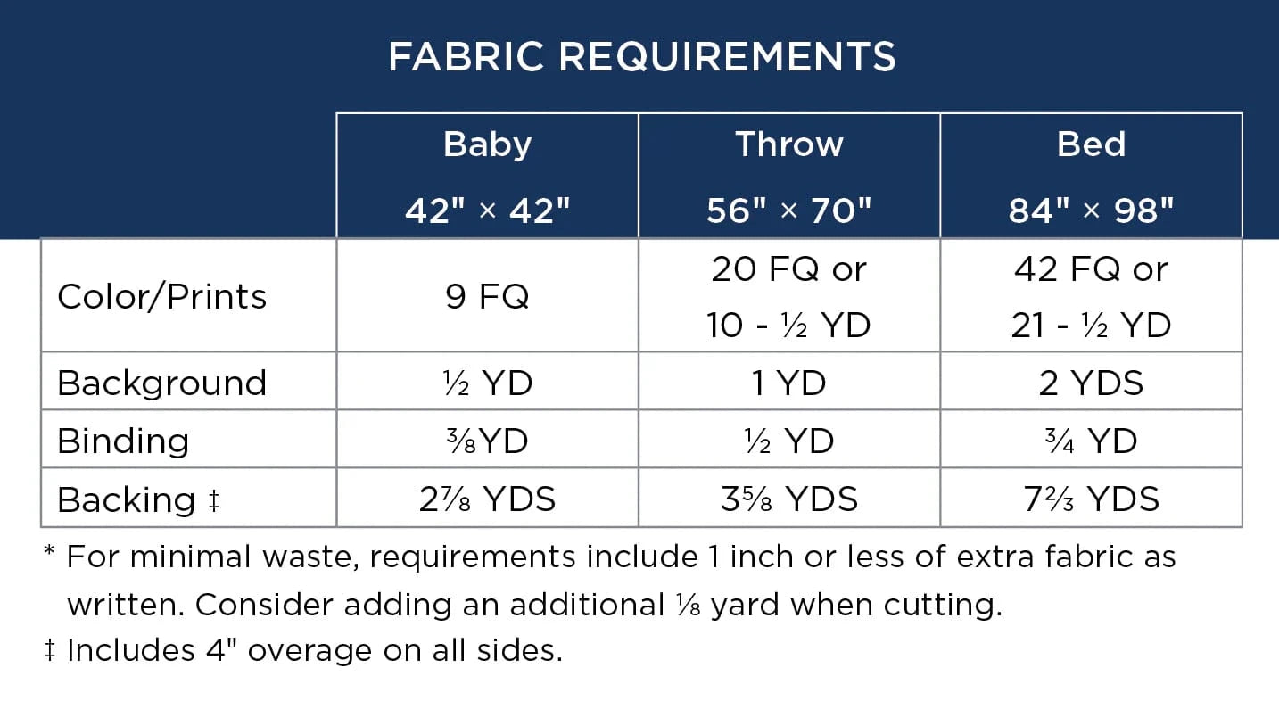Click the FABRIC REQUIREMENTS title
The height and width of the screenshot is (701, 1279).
[x=642, y=57]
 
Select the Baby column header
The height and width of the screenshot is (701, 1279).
[x=488, y=145]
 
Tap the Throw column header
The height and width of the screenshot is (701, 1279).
[x=789, y=144]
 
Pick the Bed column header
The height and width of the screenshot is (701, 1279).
[x=1091, y=144]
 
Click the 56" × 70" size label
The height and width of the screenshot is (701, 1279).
[x=789, y=210]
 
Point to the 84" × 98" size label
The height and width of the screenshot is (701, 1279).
[x=1091, y=210]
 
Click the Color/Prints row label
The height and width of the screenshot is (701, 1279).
[x=162, y=297]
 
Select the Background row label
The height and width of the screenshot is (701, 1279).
[x=162, y=383]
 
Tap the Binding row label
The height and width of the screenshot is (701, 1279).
[x=123, y=441]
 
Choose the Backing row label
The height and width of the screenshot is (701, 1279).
[x=139, y=499]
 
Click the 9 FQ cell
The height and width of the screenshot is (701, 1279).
[x=487, y=297]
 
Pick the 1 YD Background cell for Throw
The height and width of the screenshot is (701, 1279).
[x=789, y=383]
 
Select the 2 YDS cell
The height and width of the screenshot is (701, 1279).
[x=1091, y=383]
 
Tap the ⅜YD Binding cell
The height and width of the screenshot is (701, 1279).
[x=487, y=441]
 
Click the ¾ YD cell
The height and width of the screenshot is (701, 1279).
[x=1091, y=441]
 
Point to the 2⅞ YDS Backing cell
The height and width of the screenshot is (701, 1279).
[x=487, y=499]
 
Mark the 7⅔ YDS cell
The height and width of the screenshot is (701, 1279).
[x=1091, y=499]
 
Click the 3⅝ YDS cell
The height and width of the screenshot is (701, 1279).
[x=789, y=499]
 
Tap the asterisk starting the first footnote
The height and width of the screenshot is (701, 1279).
[x=49, y=551]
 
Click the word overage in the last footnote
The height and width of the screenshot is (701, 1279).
[x=309, y=651]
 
